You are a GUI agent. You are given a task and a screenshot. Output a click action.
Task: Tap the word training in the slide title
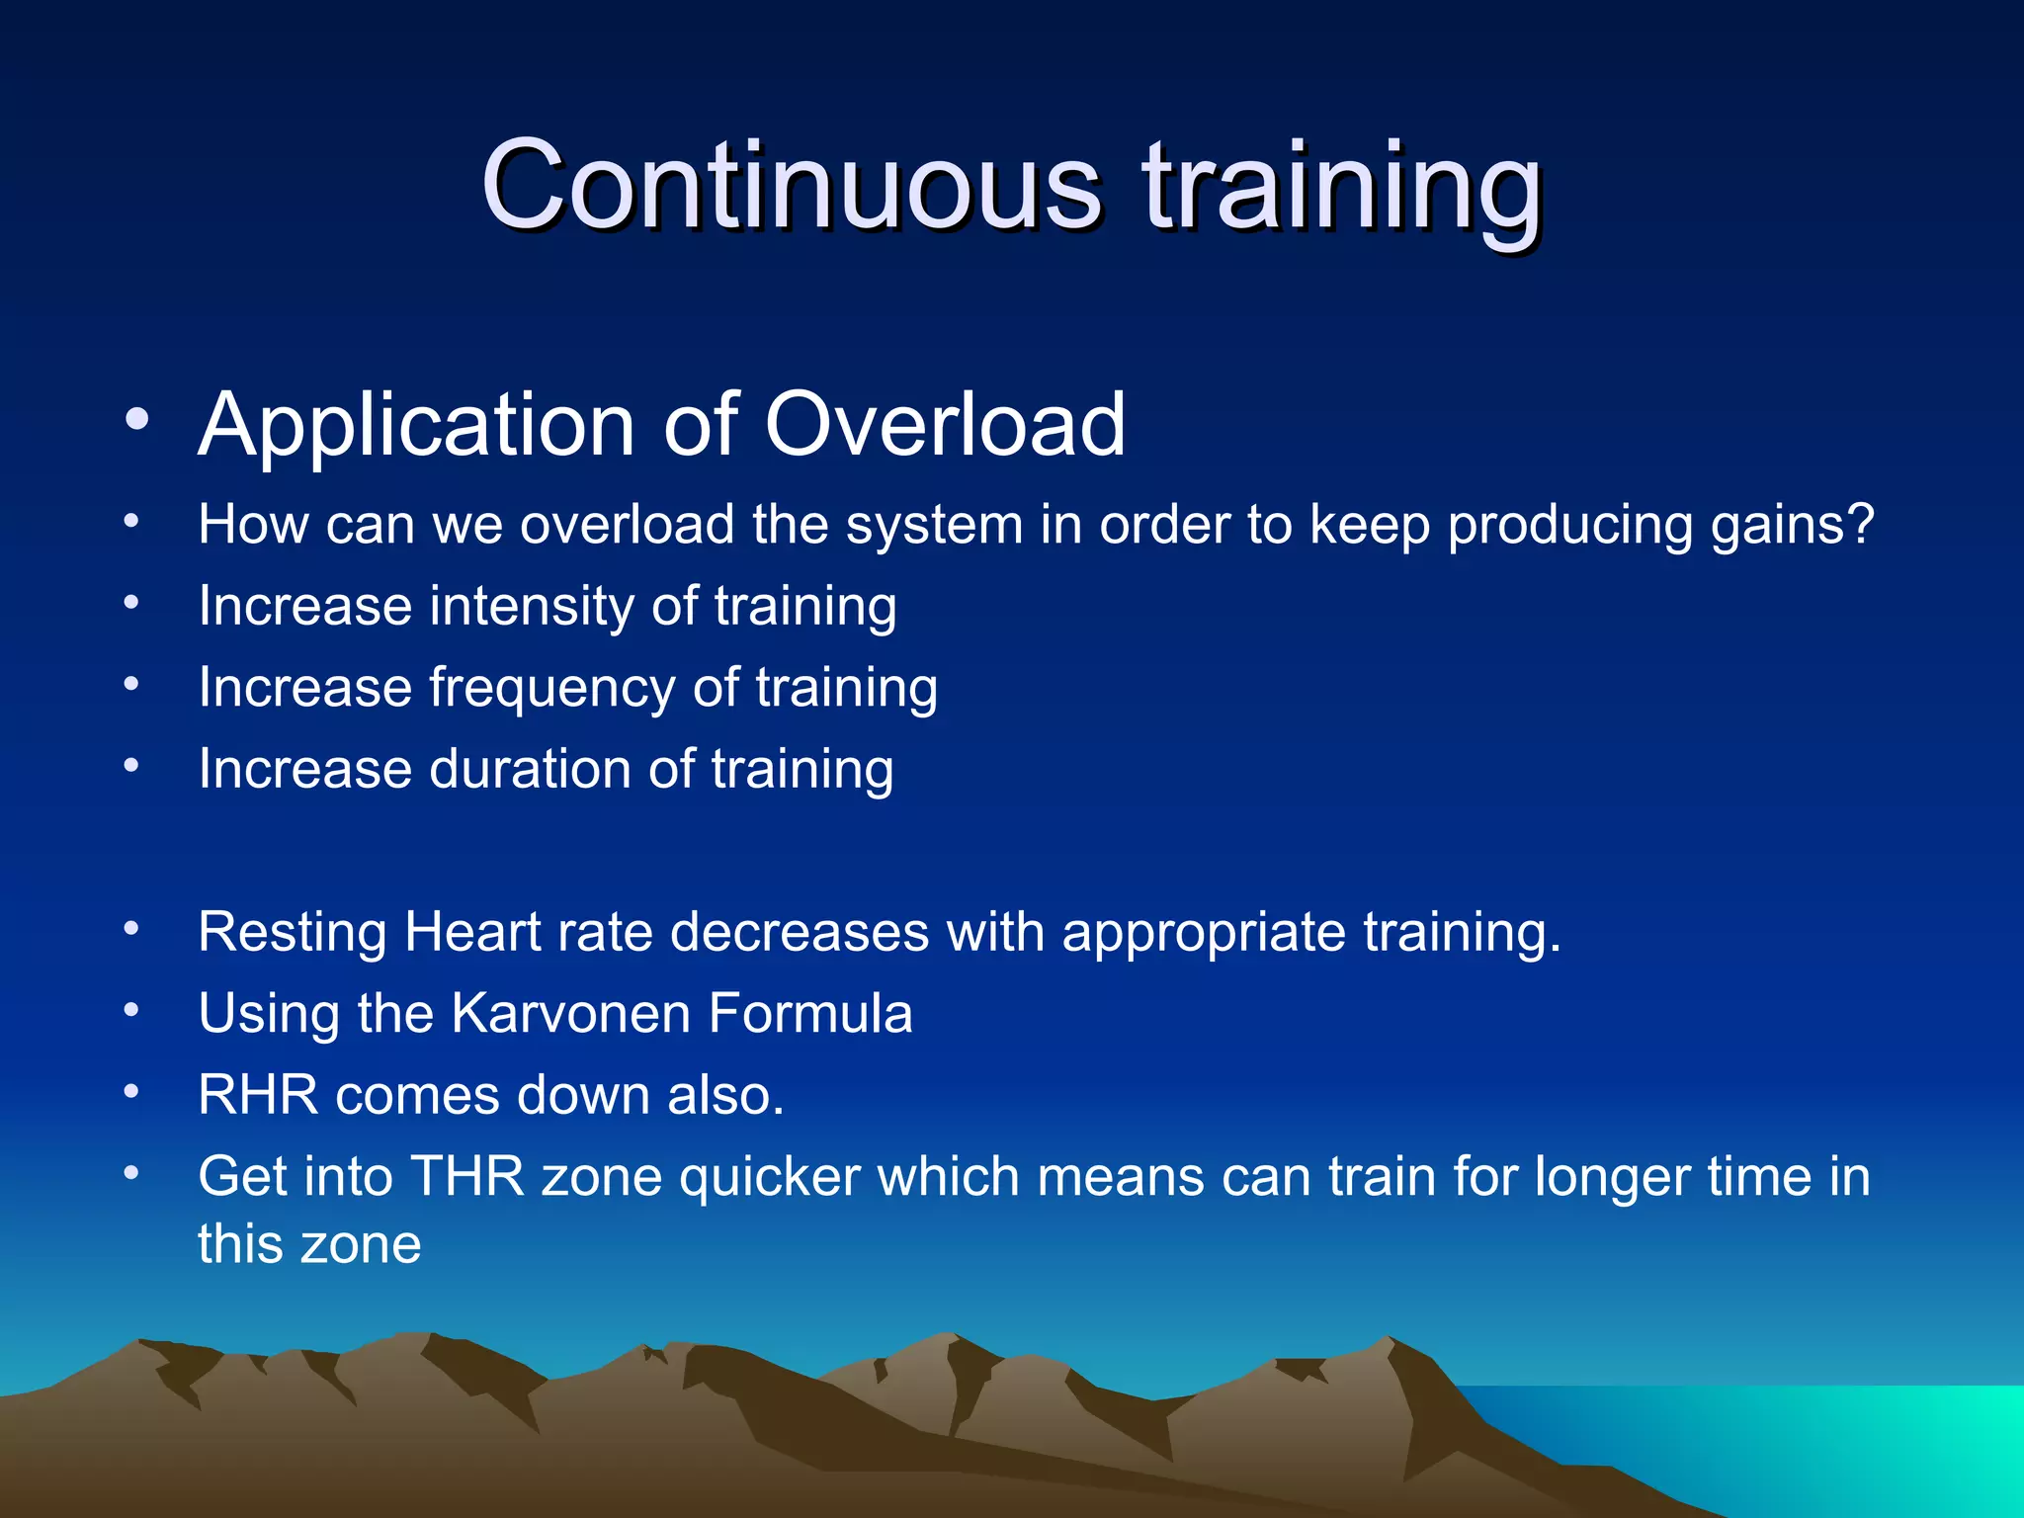click(x=1341, y=188)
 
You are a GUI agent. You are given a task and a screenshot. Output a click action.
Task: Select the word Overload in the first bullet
click(x=945, y=424)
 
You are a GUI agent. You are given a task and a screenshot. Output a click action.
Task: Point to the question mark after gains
click(x=1859, y=523)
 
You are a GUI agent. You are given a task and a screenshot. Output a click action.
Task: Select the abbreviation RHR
click(x=258, y=1095)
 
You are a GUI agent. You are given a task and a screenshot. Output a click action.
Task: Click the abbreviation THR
click(x=466, y=1177)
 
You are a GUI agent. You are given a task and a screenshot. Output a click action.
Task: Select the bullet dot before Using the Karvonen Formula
click(x=131, y=1010)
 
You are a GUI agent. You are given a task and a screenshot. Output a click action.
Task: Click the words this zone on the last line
click(x=309, y=1243)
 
